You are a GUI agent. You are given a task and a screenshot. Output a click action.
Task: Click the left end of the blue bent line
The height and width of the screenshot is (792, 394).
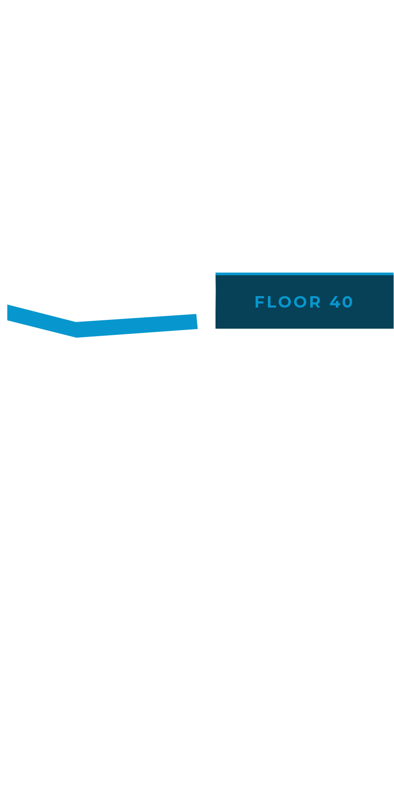[7, 312]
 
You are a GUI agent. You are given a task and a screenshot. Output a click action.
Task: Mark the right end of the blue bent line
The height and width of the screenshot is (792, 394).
[197, 321]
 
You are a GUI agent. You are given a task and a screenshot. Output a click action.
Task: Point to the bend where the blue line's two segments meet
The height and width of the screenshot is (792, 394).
[76, 330]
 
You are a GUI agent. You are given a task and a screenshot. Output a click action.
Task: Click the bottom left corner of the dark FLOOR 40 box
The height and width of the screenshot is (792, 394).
[216, 328]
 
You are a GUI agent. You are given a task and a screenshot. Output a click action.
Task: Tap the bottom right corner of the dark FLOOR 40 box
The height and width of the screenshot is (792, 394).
[394, 328]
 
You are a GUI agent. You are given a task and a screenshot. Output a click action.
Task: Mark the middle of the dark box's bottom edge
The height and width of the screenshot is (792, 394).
[305, 328]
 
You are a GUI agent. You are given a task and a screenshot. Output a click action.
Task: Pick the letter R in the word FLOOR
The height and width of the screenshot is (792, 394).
[316, 302]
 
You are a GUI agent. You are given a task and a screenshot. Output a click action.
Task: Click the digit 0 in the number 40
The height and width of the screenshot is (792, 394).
[348, 302]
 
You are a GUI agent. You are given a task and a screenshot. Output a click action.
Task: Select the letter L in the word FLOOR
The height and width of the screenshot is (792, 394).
[271, 302]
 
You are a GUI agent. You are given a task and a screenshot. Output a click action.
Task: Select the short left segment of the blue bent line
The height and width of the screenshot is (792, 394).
[42, 321]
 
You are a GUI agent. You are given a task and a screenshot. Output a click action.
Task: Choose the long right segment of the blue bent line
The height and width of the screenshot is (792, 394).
[137, 326]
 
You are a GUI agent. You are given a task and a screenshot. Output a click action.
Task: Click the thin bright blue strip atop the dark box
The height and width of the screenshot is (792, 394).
[305, 274]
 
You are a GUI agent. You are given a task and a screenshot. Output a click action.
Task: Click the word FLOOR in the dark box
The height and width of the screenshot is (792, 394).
[288, 302]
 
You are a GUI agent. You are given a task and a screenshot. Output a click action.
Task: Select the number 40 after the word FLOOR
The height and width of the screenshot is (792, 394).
[342, 302]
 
